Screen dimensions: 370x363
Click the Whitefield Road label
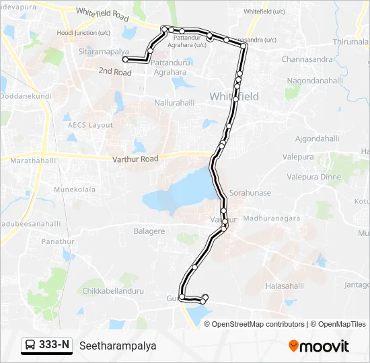(102, 12)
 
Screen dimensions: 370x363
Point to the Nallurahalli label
(174, 104)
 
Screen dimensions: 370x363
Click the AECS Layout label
(90, 125)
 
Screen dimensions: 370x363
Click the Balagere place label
(149, 231)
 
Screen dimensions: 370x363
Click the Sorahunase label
(250, 193)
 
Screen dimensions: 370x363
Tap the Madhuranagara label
(272, 218)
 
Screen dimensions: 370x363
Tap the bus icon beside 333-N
(31, 346)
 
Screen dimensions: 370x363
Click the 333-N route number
(54, 346)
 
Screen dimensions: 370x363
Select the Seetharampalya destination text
(118, 346)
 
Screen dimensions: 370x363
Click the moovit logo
(319, 346)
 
